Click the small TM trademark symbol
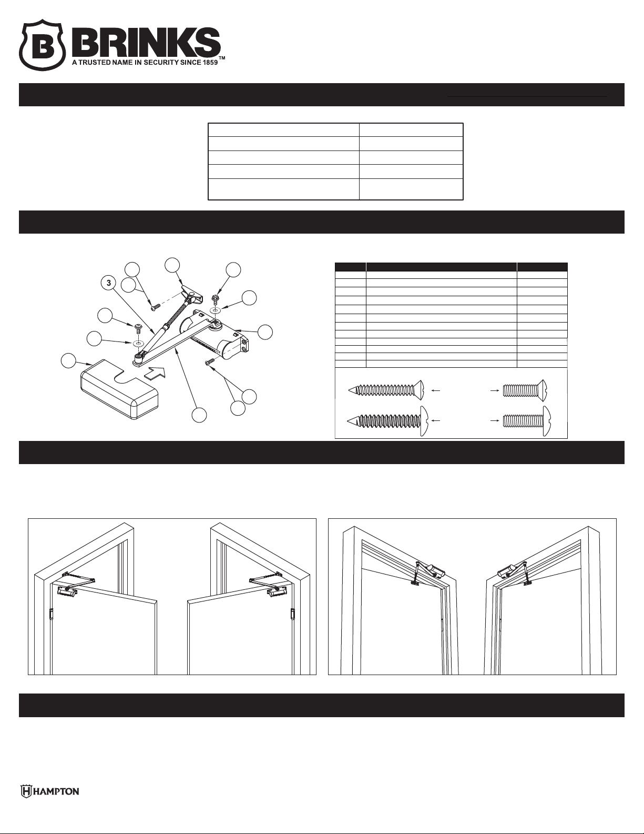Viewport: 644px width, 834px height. click(x=222, y=60)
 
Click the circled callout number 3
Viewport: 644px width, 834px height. click(x=109, y=283)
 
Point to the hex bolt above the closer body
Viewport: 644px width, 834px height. click(x=215, y=300)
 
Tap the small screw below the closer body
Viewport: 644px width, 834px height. click(x=208, y=362)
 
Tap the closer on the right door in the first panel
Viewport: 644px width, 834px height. click(x=276, y=592)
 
